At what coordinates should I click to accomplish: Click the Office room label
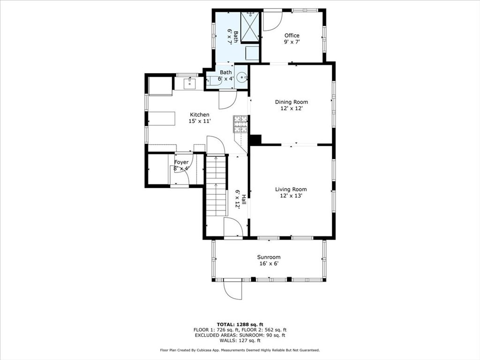tap(292, 36)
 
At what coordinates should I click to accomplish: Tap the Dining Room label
tap(292, 102)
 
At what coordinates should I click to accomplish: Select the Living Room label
tap(291, 189)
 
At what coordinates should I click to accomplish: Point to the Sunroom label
tap(269, 257)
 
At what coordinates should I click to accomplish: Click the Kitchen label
tap(200, 115)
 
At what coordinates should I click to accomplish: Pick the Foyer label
tap(181, 162)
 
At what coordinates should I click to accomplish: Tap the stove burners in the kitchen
tap(240, 124)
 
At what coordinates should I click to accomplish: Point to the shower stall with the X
tap(250, 26)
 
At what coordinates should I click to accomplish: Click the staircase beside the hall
tap(217, 185)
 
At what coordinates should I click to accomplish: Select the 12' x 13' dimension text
tap(291, 196)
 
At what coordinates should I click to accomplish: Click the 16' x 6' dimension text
tap(269, 263)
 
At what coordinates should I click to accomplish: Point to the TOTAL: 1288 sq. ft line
tap(240, 324)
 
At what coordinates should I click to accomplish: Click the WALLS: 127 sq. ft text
tap(240, 340)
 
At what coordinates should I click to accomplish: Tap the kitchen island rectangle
tap(162, 119)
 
